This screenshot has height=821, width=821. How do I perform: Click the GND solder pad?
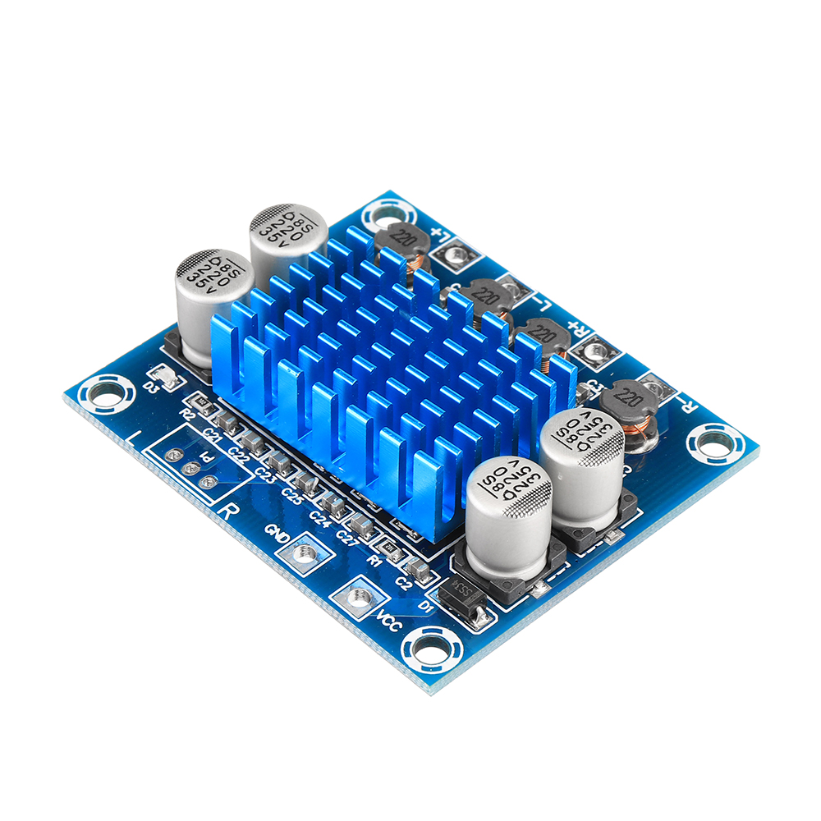pyautogui.click(x=305, y=554)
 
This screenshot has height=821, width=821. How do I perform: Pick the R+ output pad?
pyautogui.click(x=594, y=351)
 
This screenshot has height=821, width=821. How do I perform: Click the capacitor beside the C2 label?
pyautogui.click(x=418, y=569)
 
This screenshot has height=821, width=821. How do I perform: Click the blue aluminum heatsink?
pyautogui.click(x=394, y=369)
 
